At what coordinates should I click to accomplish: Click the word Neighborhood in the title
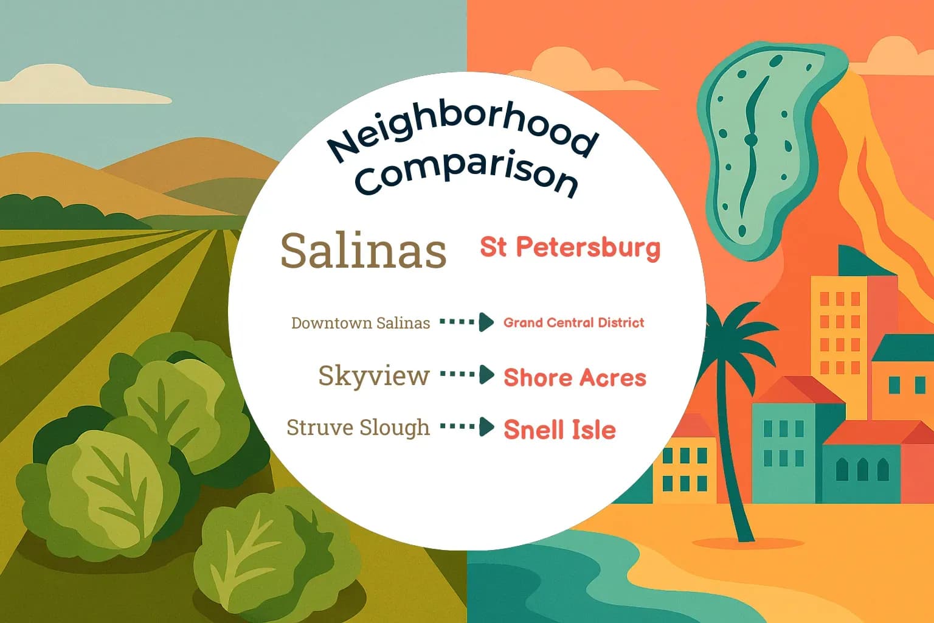coord(462,137)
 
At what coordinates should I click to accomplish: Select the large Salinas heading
coord(363,250)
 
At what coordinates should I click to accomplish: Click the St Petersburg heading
coord(570,248)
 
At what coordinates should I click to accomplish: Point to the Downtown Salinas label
coord(360,323)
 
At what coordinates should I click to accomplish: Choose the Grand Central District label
coord(573,322)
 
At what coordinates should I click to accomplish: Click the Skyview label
coord(373,376)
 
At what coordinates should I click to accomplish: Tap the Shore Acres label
coord(575,378)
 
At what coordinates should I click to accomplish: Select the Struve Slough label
coord(358,428)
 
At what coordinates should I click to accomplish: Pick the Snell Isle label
coord(559,430)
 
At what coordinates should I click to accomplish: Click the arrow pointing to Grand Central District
coord(467,322)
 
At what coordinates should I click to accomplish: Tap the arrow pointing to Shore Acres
coord(467,375)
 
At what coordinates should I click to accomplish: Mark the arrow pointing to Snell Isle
coord(467,427)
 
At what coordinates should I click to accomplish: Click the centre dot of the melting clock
coord(751,140)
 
